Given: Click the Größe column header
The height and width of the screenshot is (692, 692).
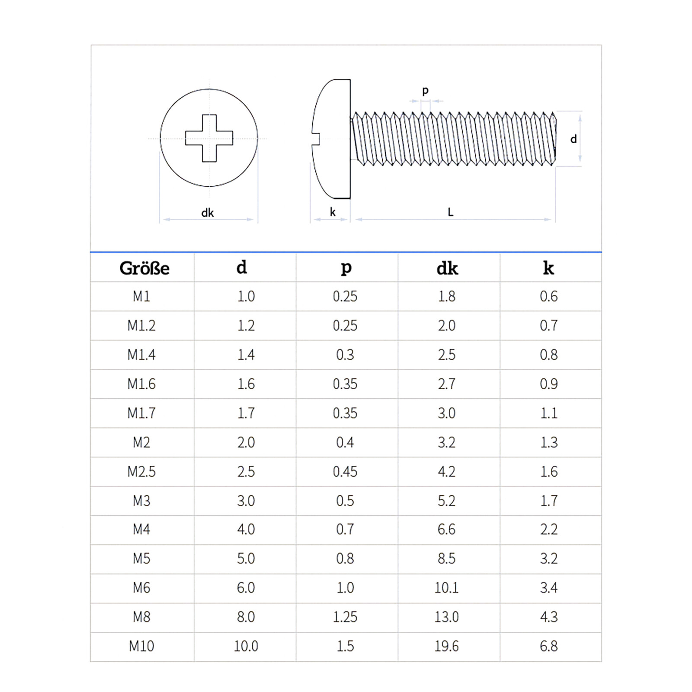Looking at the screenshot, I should point(144,268).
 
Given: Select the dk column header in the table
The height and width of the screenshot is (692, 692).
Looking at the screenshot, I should point(447,268).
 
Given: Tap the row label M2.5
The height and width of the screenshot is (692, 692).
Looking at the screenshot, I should point(141,471).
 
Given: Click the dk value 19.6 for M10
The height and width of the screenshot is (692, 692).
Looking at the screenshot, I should point(446,646).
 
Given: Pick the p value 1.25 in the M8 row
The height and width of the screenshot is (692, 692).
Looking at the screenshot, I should point(345,617).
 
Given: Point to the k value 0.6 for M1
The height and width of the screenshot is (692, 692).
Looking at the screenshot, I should point(548,296).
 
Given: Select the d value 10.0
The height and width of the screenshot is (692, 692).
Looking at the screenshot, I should point(246,646).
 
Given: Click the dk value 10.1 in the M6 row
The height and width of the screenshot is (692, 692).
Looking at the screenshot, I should point(446,588).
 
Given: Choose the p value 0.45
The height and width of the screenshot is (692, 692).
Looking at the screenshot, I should point(345,471).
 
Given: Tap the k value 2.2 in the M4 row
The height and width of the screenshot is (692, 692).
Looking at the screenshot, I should point(548,529).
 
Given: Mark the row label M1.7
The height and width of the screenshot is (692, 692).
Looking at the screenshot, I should point(141,413).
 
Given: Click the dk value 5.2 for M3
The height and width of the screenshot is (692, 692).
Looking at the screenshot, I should point(446,501).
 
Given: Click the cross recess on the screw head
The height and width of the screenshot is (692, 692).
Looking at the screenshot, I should point(209,138).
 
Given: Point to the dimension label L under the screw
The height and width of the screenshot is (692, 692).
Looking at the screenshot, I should point(450,212).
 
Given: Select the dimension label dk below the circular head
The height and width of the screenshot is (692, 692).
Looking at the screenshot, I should point(207,213).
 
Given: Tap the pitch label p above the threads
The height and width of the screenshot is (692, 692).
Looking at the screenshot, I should point(425,90).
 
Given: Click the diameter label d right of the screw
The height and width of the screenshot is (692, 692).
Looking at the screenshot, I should point(573,139).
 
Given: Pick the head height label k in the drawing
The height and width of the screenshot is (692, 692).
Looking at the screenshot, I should point(332,212).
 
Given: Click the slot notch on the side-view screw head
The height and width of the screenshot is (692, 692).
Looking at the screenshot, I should point(316,139).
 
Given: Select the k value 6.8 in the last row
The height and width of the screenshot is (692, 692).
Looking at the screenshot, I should point(548,646).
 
